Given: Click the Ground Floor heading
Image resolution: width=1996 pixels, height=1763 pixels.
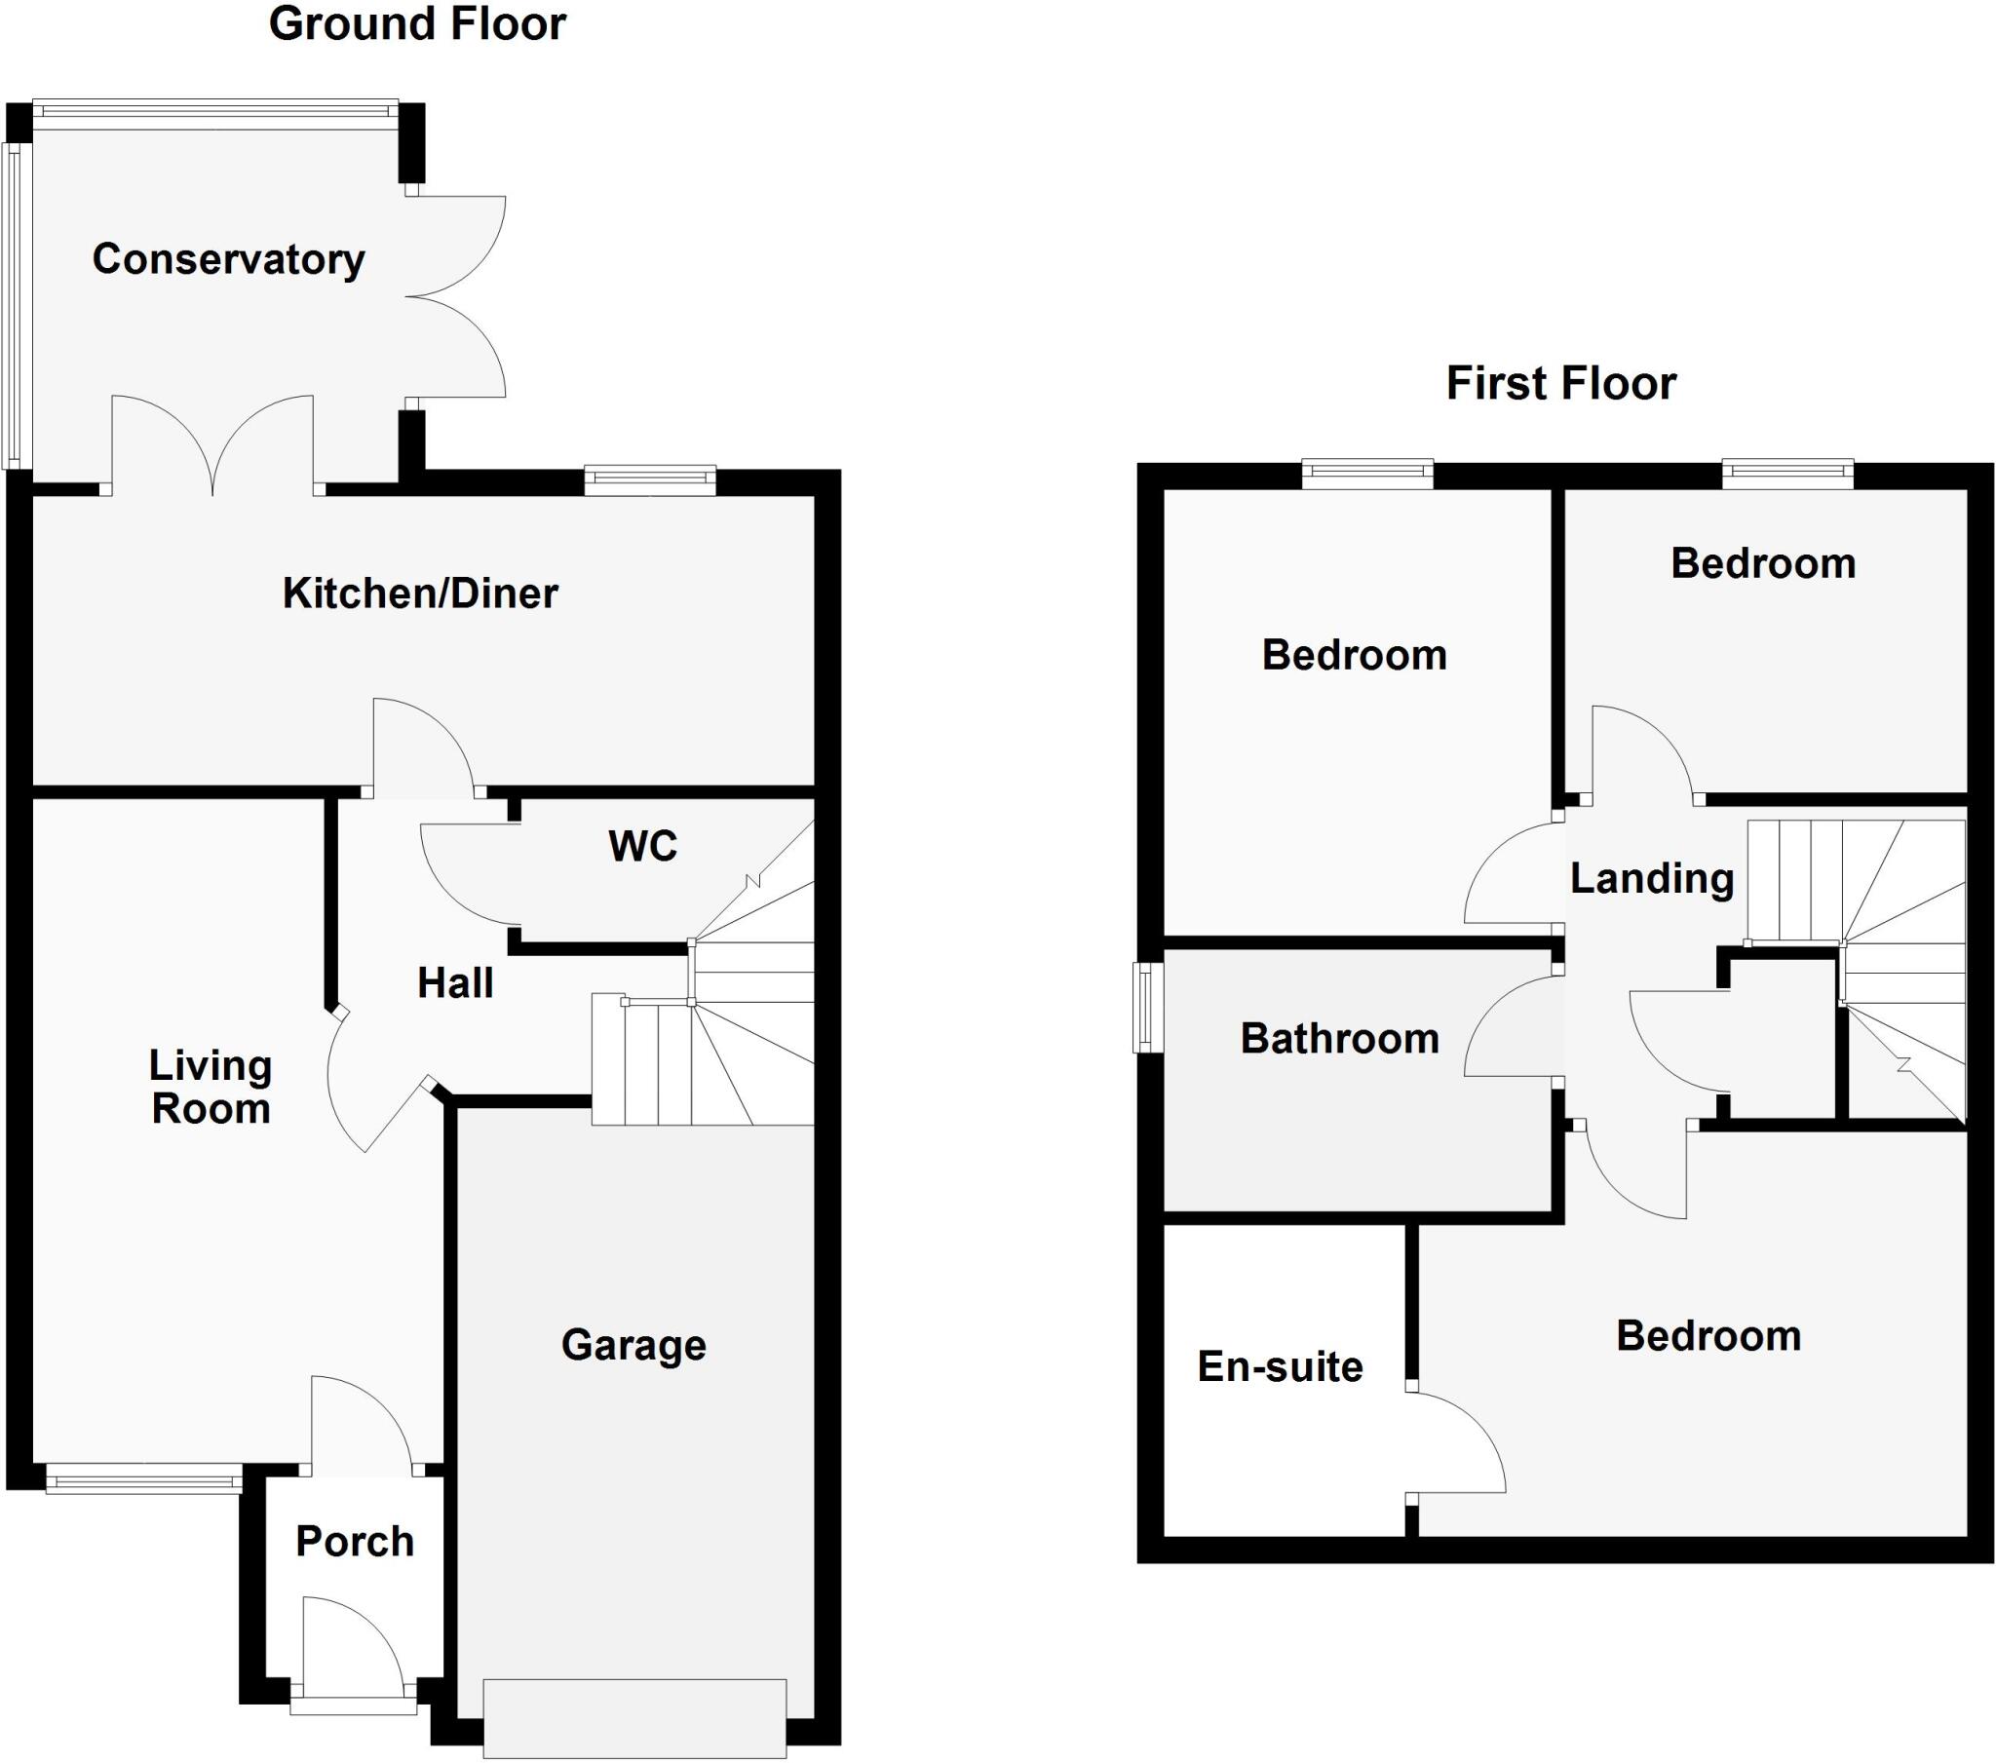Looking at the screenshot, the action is click(x=417, y=24).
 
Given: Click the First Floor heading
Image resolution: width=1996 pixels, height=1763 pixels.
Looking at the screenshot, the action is click(x=1560, y=383).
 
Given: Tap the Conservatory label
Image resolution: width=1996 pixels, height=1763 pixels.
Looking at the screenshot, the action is click(x=228, y=260).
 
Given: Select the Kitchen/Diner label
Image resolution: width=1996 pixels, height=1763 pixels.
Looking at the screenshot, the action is click(x=420, y=594).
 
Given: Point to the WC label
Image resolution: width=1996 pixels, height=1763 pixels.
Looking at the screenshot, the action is click(x=642, y=846).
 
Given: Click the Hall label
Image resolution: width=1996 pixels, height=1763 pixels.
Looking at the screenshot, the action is click(x=455, y=982).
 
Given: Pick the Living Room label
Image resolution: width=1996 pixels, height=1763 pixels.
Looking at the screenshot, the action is click(x=211, y=1088).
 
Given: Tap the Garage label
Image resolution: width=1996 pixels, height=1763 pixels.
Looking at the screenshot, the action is click(x=633, y=1346).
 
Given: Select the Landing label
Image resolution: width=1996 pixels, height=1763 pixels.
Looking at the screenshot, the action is click(x=1652, y=879).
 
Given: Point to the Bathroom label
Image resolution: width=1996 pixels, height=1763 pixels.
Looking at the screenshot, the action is click(x=1340, y=1038).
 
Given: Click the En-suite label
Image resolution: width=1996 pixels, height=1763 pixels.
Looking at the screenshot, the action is click(x=1281, y=1367).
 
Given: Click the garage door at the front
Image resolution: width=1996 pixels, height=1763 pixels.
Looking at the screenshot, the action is click(x=634, y=1718).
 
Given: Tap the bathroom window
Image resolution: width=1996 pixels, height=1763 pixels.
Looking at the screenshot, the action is click(x=1147, y=1008).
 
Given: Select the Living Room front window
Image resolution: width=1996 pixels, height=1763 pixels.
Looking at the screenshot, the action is click(x=143, y=1478).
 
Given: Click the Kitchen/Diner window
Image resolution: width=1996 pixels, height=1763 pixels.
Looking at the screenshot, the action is click(x=650, y=479).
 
